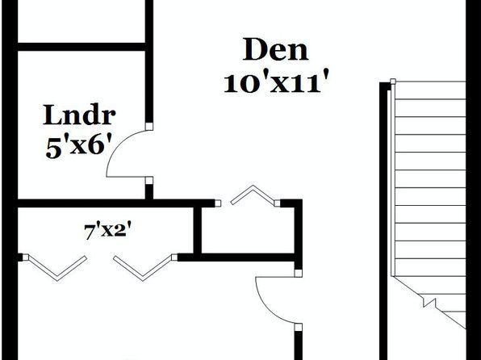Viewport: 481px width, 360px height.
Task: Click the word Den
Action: tap(275, 49)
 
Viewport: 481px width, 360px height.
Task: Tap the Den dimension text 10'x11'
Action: tap(276, 82)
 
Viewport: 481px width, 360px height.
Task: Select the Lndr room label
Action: tap(79, 115)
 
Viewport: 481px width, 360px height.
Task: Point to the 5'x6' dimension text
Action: tap(78, 147)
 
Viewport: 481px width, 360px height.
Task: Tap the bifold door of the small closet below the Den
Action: tap(253, 195)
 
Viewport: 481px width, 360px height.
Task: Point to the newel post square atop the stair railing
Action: tap(393, 82)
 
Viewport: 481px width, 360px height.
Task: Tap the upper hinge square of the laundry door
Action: tap(149, 126)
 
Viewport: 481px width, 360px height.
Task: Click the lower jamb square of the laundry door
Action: tap(149, 181)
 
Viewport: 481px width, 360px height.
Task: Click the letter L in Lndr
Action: tap(51, 115)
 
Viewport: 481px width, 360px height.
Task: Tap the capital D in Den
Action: tap(253, 49)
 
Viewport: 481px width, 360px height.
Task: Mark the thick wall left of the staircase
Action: tap(383, 221)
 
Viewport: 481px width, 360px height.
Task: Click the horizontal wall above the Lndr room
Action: tap(82, 47)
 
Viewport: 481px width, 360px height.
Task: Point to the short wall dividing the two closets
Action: tap(198, 231)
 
